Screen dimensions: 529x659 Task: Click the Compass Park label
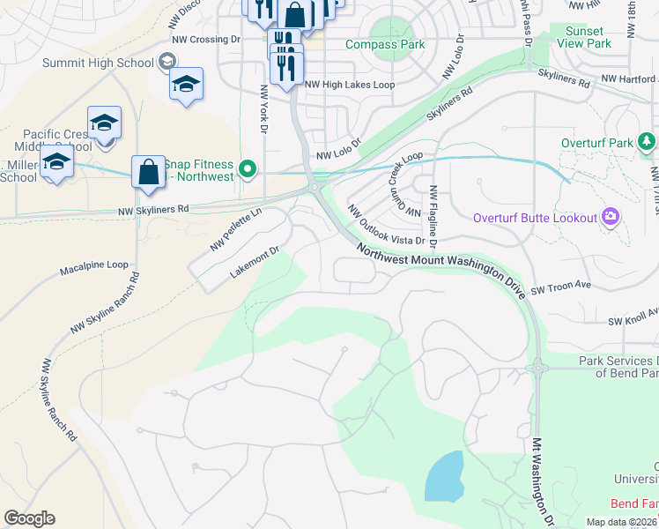pos(385,45)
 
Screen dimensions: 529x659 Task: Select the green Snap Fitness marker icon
pos(248,169)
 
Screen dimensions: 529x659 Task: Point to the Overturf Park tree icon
pos(647,142)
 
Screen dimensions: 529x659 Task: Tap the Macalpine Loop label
pos(94,264)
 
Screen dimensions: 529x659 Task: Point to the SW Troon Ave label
pos(560,287)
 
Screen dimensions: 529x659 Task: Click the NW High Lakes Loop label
pos(350,85)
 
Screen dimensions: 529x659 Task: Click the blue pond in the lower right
pos(445,477)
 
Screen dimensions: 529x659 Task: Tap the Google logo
pos(29,518)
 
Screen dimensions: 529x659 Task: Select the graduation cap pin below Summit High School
pos(186,85)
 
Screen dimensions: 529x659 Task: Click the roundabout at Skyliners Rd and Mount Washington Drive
pos(315,188)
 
